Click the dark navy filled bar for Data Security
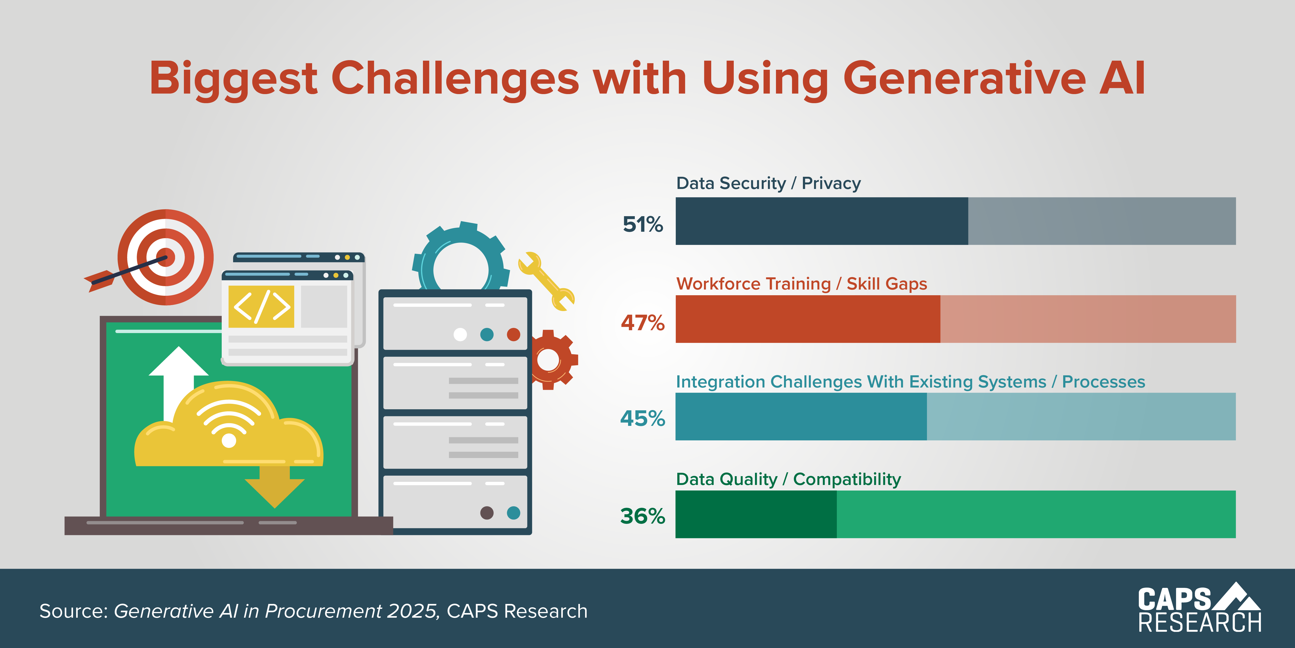822,221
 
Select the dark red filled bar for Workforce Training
807,319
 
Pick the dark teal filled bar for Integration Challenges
801,417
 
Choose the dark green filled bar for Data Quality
756,514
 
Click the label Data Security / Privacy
768,183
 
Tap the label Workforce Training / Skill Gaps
801,284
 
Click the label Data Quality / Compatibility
788,479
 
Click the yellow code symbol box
261,306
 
